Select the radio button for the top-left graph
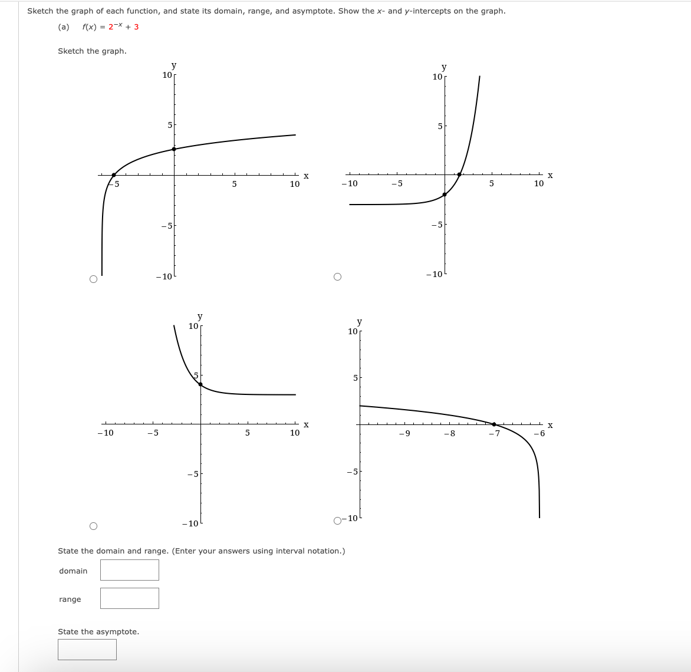click(93, 279)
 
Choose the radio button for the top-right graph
click(337, 277)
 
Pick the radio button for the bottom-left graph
click(93, 526)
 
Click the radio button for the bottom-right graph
click(337, 521)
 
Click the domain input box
click(129, 570)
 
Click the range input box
click(129, 598)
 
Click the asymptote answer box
click(87, 650)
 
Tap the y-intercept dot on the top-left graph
click(173, 149)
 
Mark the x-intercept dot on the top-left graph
click(114, 174)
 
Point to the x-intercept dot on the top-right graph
click(459, 174)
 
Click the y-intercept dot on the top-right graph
click(445, 195)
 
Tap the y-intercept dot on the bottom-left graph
click(200, 384)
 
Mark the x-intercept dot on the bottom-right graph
click(494, 424)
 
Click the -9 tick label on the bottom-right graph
click(404, 434)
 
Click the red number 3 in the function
click(136, 27)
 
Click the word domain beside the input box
click(73, 571)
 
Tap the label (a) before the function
click(64, 27)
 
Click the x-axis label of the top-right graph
click(550, 175)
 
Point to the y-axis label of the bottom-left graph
click(200, 317)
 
